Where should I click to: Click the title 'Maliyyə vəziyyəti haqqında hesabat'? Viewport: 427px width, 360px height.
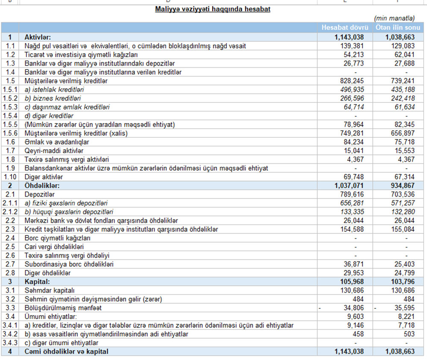click(213, 9)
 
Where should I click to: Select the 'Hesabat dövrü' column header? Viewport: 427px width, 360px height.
click(345, 28)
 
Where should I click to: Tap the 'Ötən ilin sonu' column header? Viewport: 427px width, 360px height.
click(398, 28)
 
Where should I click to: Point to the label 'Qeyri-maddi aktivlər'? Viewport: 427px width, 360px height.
click(54, 151)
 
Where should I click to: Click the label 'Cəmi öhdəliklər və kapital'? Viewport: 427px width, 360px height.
click(66, 351)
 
